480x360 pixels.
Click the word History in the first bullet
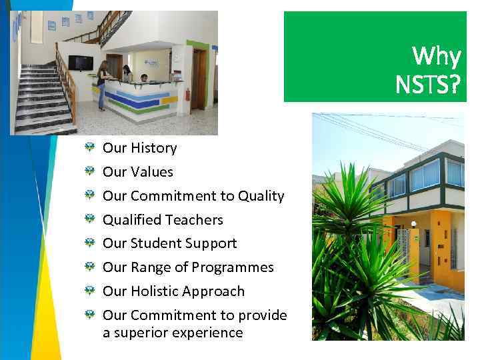tap(153, 148)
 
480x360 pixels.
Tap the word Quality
tap(261, 196)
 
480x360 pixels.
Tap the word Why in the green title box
tap(436, 57)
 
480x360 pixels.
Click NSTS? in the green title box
tap(427, 85)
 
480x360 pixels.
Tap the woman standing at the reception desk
tap(103, 83)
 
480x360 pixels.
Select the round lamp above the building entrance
tap(413, 224)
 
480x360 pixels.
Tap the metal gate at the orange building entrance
tap(403, 250)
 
